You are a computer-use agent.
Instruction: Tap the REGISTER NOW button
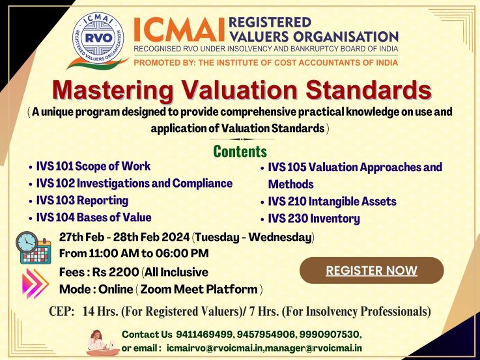(371, 270)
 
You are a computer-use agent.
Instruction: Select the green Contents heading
(240, 151)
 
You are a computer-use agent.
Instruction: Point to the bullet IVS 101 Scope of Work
(93, 166)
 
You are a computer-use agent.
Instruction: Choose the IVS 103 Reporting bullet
(82, 201)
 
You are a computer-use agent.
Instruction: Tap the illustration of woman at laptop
(102, 342)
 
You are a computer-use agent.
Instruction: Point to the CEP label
(61, 311)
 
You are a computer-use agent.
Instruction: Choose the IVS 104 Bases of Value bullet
(94, 217)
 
